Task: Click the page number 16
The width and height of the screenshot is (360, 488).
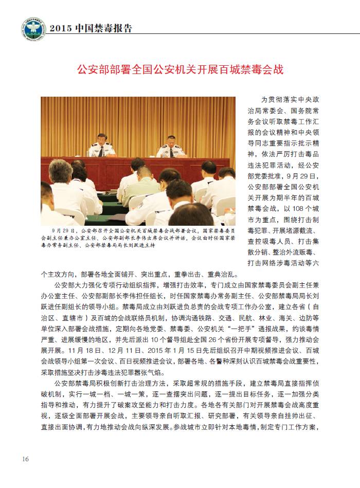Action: [x=25, y=459]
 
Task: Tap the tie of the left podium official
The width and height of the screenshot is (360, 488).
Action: [x=101, y=152]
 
